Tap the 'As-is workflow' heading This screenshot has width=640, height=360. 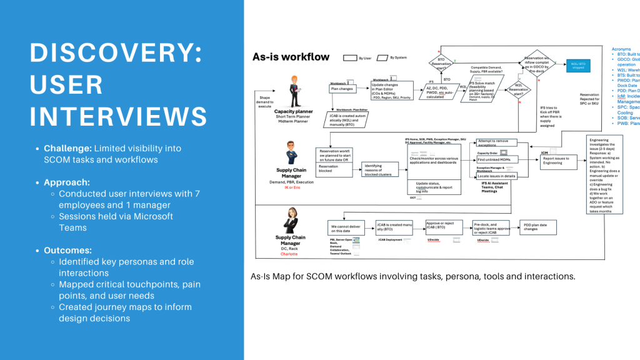(x=291, y=57)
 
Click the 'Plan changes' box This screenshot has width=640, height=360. (x=342, y=89)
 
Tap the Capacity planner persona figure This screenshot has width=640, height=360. (x=292, y=90)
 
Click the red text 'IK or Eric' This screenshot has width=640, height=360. (x=291, y=187)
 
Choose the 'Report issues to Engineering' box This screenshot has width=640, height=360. (x=558, y=161)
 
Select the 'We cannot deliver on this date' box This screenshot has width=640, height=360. (x=347, y=227)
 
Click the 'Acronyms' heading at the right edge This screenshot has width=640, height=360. (x=621, y=48)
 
